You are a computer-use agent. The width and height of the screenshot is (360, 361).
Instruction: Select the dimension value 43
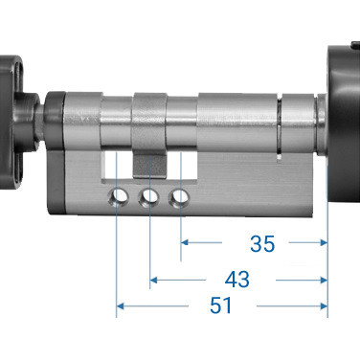(236, 279)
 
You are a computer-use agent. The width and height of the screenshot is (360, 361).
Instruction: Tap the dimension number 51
(222, 307)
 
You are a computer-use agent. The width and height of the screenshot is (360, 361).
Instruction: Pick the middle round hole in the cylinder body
(148, 197)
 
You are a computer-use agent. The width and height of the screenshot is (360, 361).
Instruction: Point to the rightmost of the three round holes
(179, 197)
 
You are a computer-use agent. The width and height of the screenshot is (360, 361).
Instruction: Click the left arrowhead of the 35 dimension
(184, 243)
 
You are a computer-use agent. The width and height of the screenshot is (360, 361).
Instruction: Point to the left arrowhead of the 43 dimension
(153, 280)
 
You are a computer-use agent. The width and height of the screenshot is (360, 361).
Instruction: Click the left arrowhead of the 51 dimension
(120, 307)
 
